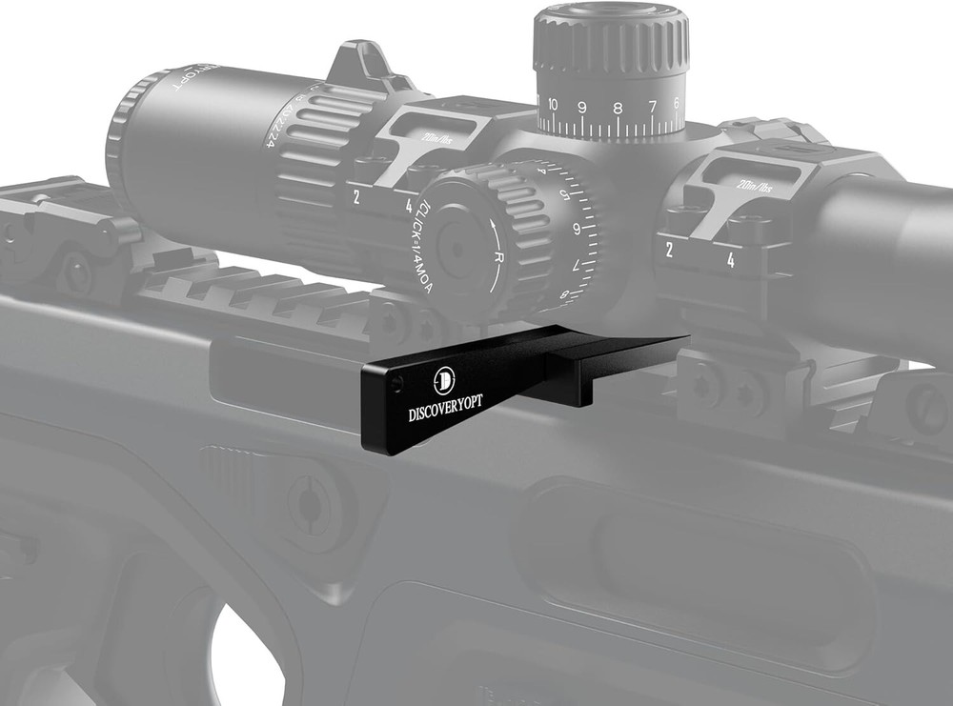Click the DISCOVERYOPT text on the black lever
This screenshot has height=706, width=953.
coord(446,404)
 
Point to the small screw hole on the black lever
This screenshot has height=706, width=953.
coord(397,383)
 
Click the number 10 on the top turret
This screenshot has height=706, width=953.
coord(553,104)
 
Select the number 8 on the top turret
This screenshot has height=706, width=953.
coord(618,108)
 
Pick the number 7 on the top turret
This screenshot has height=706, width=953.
coord(653,106)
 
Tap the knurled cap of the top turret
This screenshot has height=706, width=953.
coord(610,38)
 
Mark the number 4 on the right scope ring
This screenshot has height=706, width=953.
coord(730,259)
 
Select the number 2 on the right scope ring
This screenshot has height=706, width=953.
coord(671,251)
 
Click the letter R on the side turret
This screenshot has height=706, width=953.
coord(497,257)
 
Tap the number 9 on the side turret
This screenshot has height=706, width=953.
coord(577,229)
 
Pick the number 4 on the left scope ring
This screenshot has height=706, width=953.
coord(409,205)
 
